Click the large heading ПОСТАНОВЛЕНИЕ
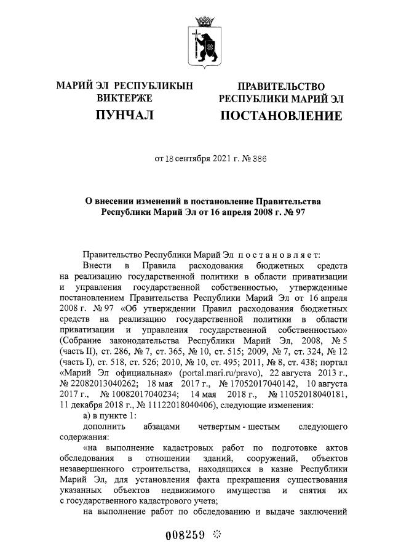[x=281, y=116]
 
